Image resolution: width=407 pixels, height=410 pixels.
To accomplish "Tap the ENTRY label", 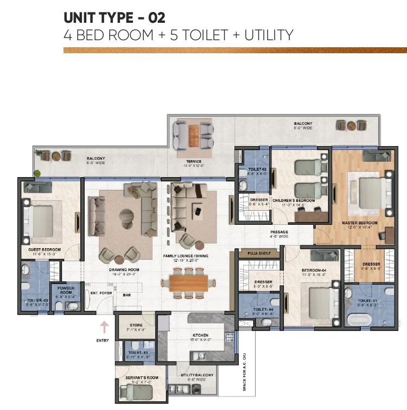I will click(103, 340).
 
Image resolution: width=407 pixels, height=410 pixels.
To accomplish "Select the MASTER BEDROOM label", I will click(360, 223).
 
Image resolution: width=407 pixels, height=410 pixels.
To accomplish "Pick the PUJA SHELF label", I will click(258, 253).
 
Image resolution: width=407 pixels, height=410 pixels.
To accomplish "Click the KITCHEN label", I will click(196, 336).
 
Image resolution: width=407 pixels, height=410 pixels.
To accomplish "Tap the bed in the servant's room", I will click(134, 392).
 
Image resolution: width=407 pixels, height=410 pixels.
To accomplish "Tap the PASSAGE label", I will click(280, 232).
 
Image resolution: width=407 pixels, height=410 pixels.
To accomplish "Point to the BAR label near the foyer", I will click(127, 295).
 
